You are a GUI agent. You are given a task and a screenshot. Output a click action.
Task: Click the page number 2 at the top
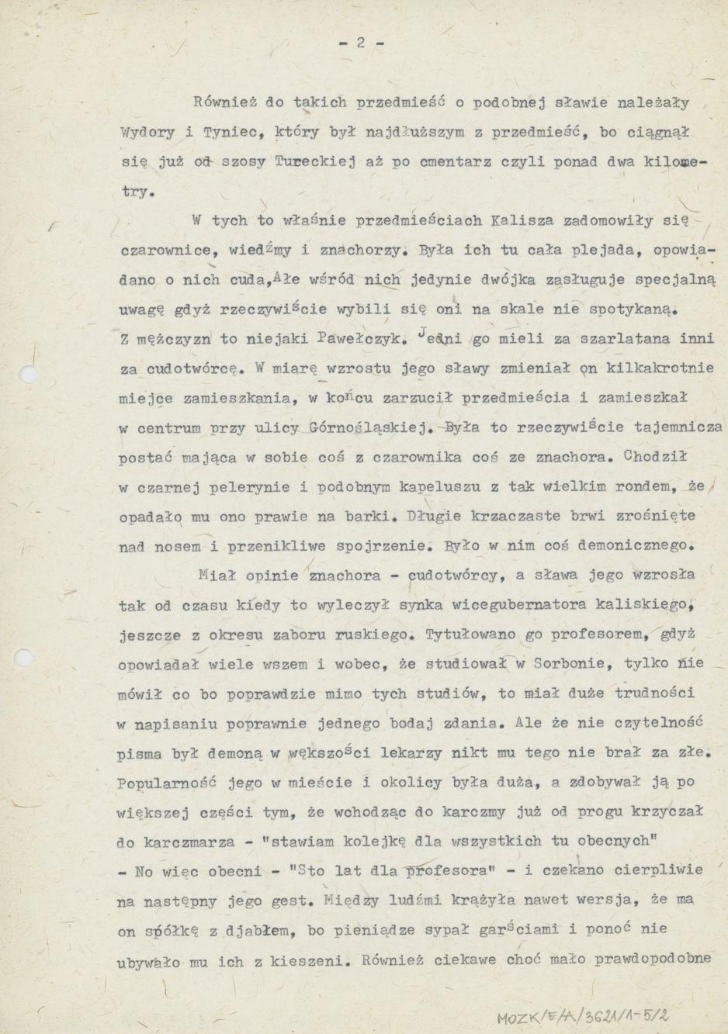pyautogui.click(x=361, y=44)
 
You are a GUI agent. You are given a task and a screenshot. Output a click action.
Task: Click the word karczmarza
pyautogui.click(x=176, y=842)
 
